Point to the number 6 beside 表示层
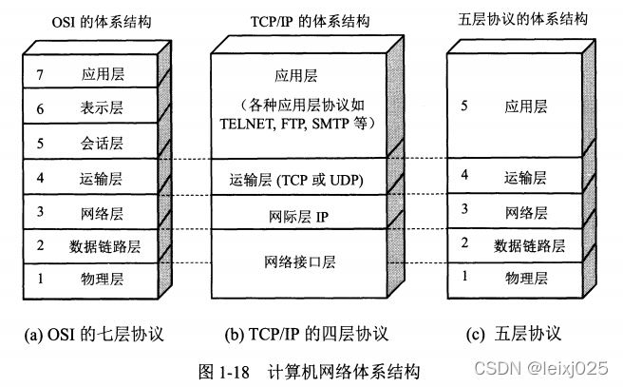pyautogui.click(x=41, y=109)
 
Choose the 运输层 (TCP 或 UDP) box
pyautogui.click(x=295, y=178)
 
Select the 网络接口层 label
pyautogui.click(x=295, y=261)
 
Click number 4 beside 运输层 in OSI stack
pyautogui.click(x=41, y=177)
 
